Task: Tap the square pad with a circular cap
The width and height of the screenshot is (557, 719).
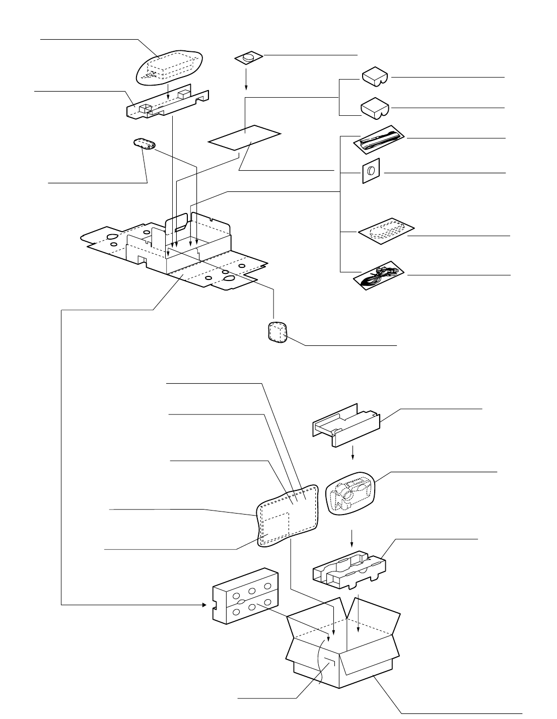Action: (371, 172)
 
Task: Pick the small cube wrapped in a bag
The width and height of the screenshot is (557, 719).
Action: (276, 333)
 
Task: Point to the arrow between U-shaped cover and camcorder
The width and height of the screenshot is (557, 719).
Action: (353, 452)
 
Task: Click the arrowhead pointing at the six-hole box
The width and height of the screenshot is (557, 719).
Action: (204, 604)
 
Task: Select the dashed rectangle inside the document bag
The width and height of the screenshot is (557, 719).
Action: (275, 527)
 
